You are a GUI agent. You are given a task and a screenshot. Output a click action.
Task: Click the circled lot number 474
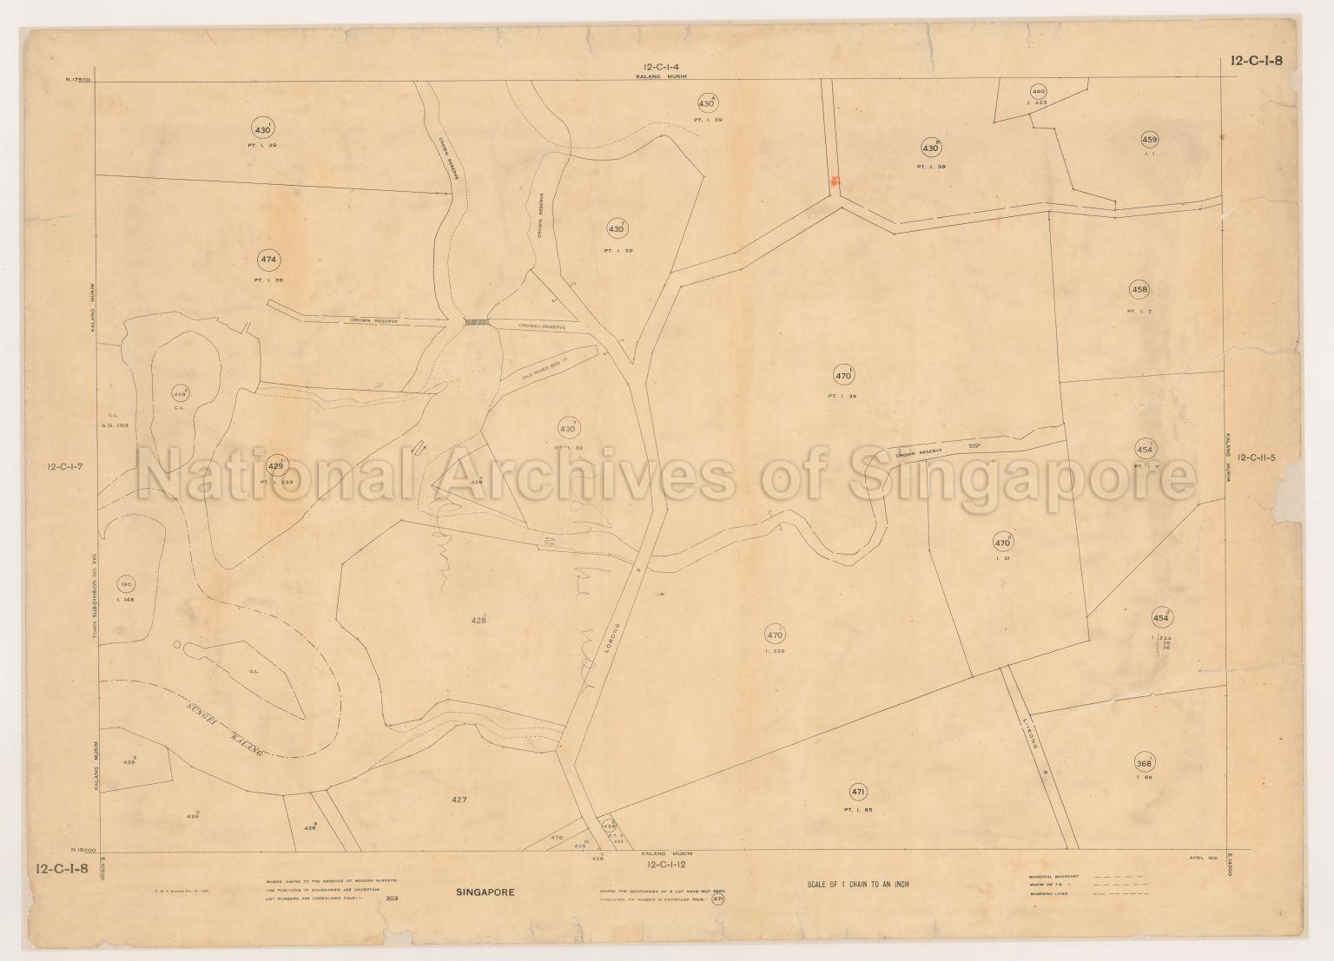268,259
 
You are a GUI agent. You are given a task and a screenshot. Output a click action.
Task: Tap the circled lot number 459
1150,140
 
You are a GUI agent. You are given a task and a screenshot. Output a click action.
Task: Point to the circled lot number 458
1139,289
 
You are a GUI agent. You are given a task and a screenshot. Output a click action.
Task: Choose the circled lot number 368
1144,764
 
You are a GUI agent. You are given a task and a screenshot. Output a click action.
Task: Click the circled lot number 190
127,583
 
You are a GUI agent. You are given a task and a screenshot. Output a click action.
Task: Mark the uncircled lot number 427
460,799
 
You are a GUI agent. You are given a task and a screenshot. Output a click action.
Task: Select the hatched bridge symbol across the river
478,322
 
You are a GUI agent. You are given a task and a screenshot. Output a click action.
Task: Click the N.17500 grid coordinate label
78,80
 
